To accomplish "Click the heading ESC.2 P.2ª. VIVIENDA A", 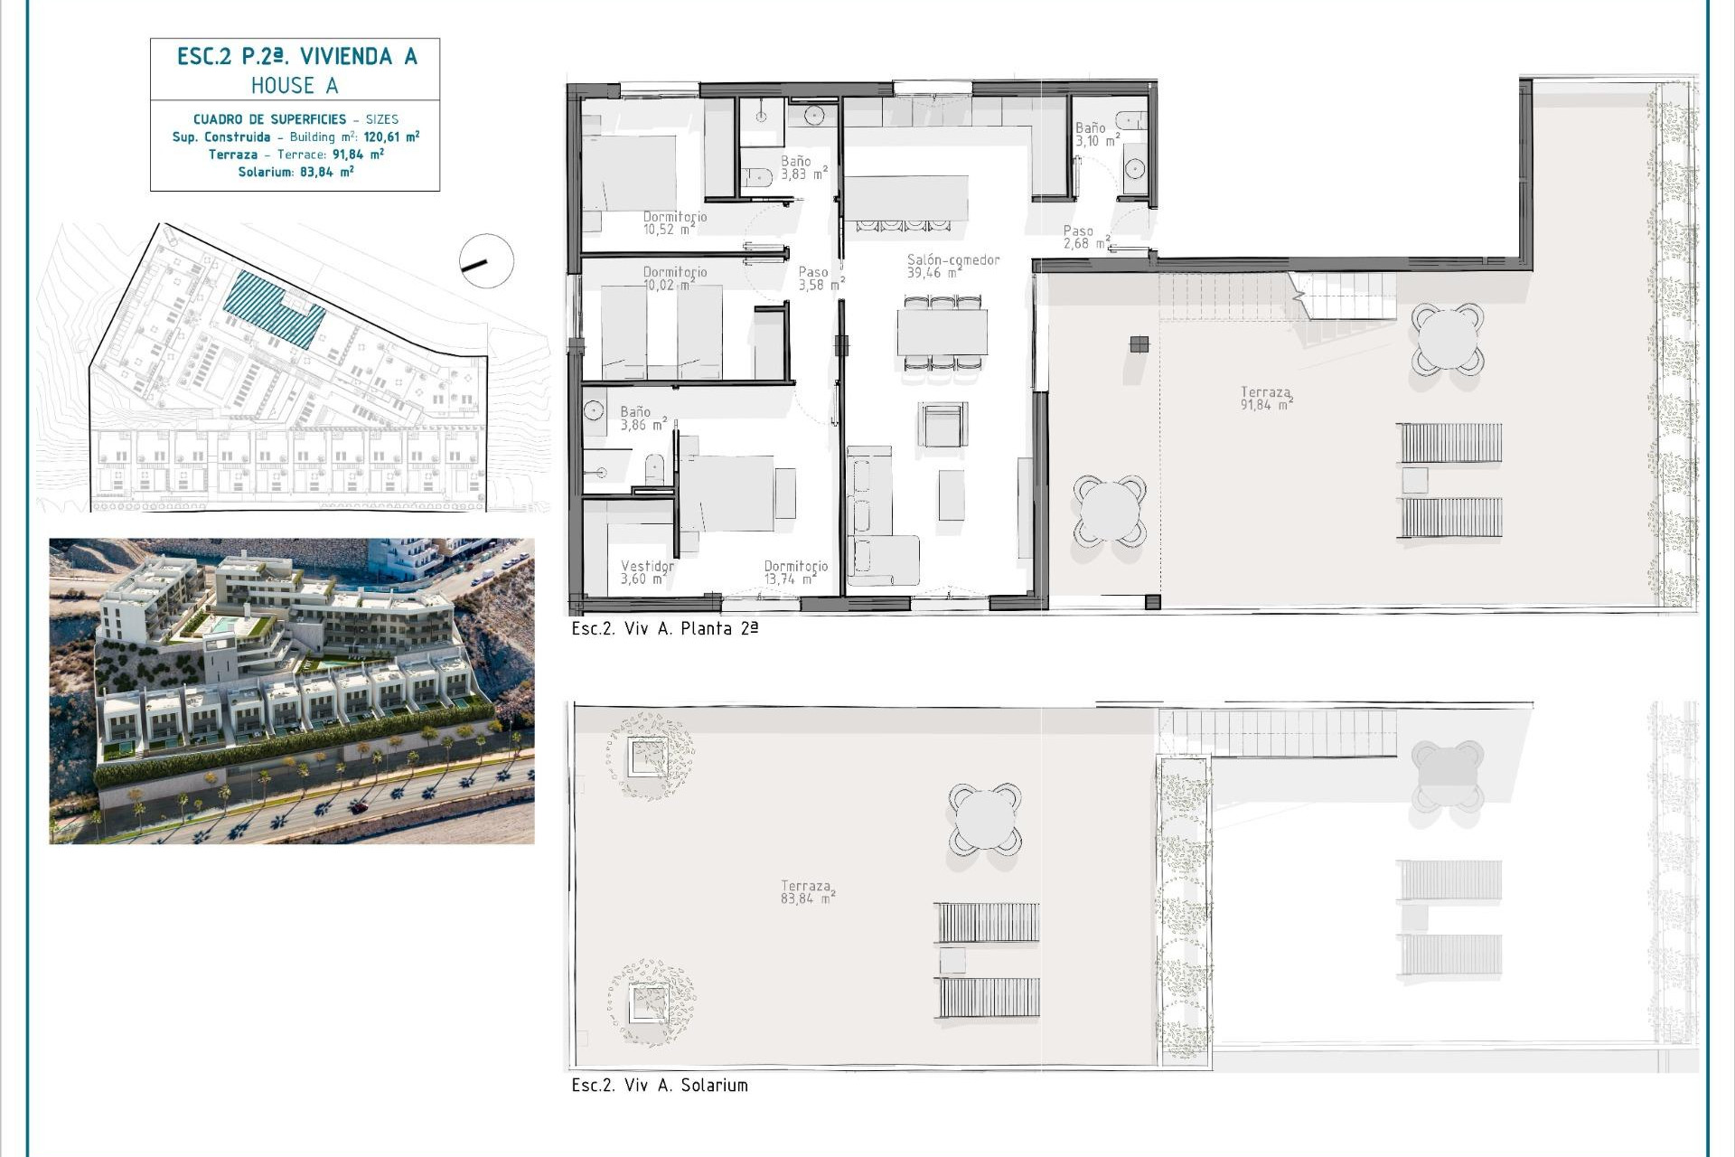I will (296, 57).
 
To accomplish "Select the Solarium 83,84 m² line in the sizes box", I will (295, 172).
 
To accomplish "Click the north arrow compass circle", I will (486, 261).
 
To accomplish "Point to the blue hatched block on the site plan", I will (275, 308).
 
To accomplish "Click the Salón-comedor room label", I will (952, 266).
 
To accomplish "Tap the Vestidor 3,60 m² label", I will (646, 572).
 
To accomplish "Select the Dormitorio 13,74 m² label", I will (795, 572).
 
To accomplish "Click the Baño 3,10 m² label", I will (1095, 135).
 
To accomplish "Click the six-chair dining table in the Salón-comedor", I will (942, 333).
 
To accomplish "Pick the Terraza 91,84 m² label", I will (1265, 399).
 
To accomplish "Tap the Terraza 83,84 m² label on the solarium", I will (806, 892).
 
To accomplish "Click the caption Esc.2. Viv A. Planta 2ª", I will (664, 629).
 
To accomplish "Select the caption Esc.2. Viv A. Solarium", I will (660, 1086).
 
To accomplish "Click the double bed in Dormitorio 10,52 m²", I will (629, 173).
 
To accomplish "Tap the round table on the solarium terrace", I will (984, 819).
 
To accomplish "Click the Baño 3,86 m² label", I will (642, 418).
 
